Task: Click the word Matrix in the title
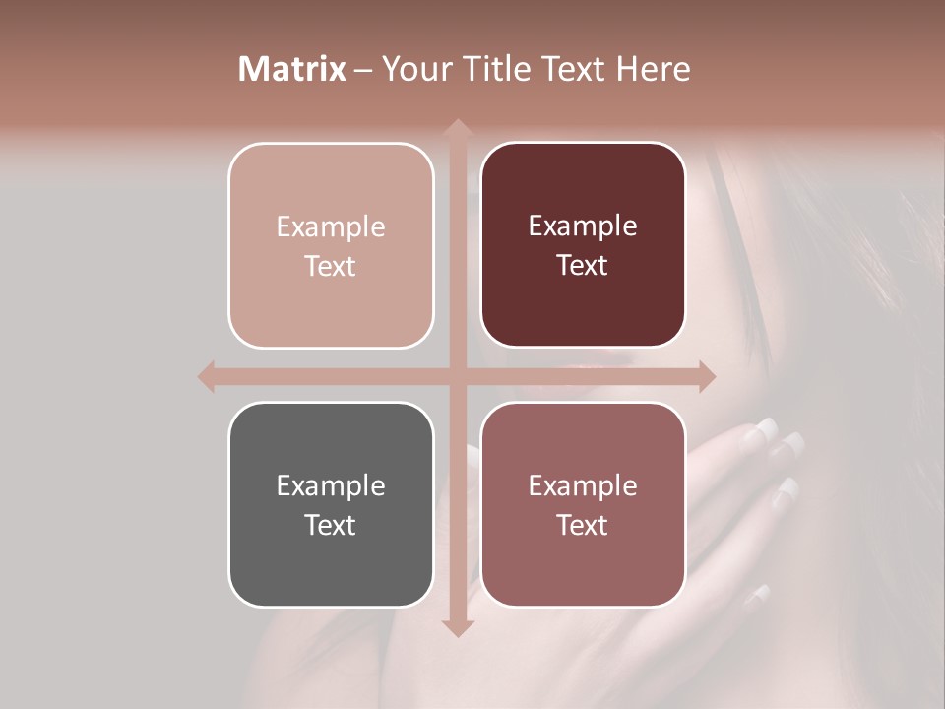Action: click(x=292, y=69)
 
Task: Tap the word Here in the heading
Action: click(x=653, y=69)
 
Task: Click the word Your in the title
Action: click(x=414, y=69)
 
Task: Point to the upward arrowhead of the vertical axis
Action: click(x=457, y=129)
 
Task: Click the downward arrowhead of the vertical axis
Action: click(x=457, y=627)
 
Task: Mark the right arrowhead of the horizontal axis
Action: click(x=706, y=376)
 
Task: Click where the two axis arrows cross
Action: click(x=457, y=376)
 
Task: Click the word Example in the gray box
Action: click(x=331, y=485)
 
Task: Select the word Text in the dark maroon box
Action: click(x=583, y=265)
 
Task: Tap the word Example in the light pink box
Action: click(x=331, y=226)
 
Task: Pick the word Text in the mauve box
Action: click(x=583, y=525)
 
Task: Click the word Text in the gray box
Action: click(x=331, y=525)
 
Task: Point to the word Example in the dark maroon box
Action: click(x=583, y=226)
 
